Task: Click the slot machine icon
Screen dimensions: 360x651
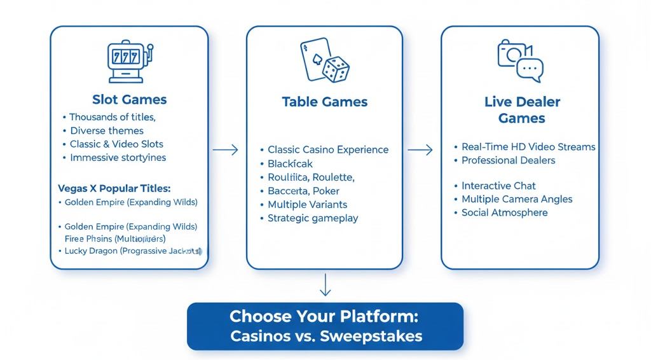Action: (129, 62)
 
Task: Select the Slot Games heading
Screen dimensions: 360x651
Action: (129, 99)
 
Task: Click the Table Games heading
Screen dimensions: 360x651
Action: (324, 102)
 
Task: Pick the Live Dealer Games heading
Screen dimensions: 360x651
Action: (521, 109)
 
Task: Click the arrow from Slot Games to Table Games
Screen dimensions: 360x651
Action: (225, 150)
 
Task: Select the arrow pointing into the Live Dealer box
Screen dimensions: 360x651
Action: (420, 150)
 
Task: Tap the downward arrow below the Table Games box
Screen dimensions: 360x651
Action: (325, 284)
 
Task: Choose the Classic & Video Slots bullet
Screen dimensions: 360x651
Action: (116, 144)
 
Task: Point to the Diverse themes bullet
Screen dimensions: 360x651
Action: (106, 131)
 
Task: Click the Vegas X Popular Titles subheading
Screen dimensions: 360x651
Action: (114, 189)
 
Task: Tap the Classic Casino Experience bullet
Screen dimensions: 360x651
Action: (327, 150)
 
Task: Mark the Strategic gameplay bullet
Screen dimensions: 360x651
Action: (313, 218)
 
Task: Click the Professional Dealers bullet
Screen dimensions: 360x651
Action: (508, 160)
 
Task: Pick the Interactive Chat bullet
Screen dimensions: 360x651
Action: (498, 186)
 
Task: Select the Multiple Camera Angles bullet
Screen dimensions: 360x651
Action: (517, 199)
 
